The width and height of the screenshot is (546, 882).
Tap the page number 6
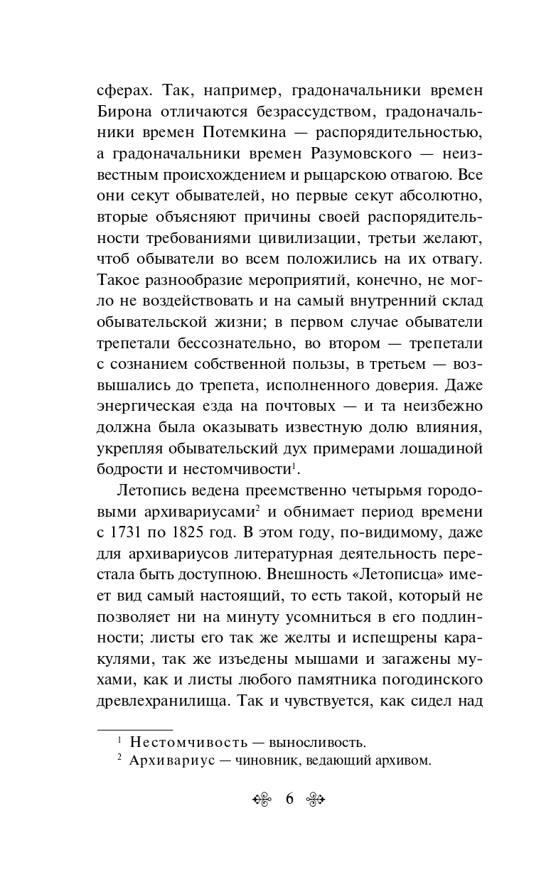click(x=289, y=799)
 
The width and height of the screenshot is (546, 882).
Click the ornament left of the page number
click(x=263, y=799)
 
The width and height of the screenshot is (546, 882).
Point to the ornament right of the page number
click(x=315, y=799)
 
